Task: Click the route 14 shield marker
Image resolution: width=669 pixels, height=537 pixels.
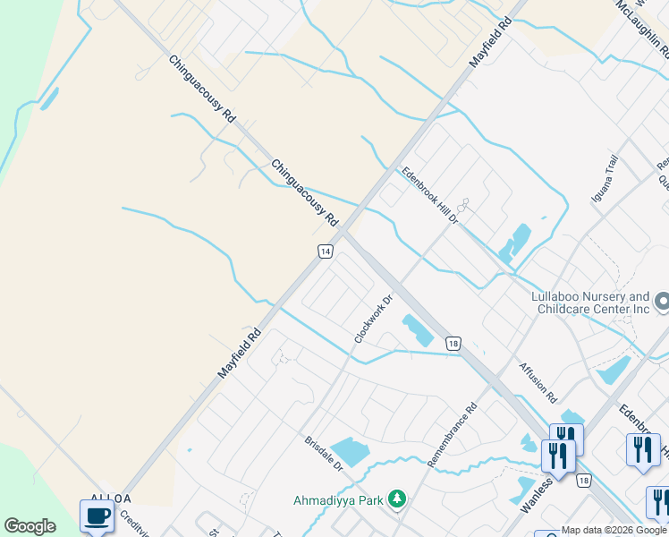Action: pos(326,252)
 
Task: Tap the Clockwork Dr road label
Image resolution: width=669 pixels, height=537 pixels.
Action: pos(374,320)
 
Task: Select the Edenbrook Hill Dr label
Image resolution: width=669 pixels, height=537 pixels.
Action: pos(429,195)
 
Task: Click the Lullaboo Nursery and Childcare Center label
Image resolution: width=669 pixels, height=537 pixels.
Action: pos(589,303)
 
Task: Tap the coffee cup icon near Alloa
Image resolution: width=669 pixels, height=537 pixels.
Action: pos(97,516)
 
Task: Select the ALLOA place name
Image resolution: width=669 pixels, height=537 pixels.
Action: pos(111,498)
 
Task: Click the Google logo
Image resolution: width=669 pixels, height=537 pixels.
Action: pos(30,526)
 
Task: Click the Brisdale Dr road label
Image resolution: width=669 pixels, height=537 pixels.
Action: pos(323,454)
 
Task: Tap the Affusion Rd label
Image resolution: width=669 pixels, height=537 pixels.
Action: pos(538,382)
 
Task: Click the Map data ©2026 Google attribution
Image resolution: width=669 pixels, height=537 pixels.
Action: pos(614,530)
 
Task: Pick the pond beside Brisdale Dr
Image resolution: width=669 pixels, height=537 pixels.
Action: pos(349,451)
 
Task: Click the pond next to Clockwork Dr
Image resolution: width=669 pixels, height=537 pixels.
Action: pos(417,330)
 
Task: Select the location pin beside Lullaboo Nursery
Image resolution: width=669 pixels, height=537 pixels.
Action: pos(661,303)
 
